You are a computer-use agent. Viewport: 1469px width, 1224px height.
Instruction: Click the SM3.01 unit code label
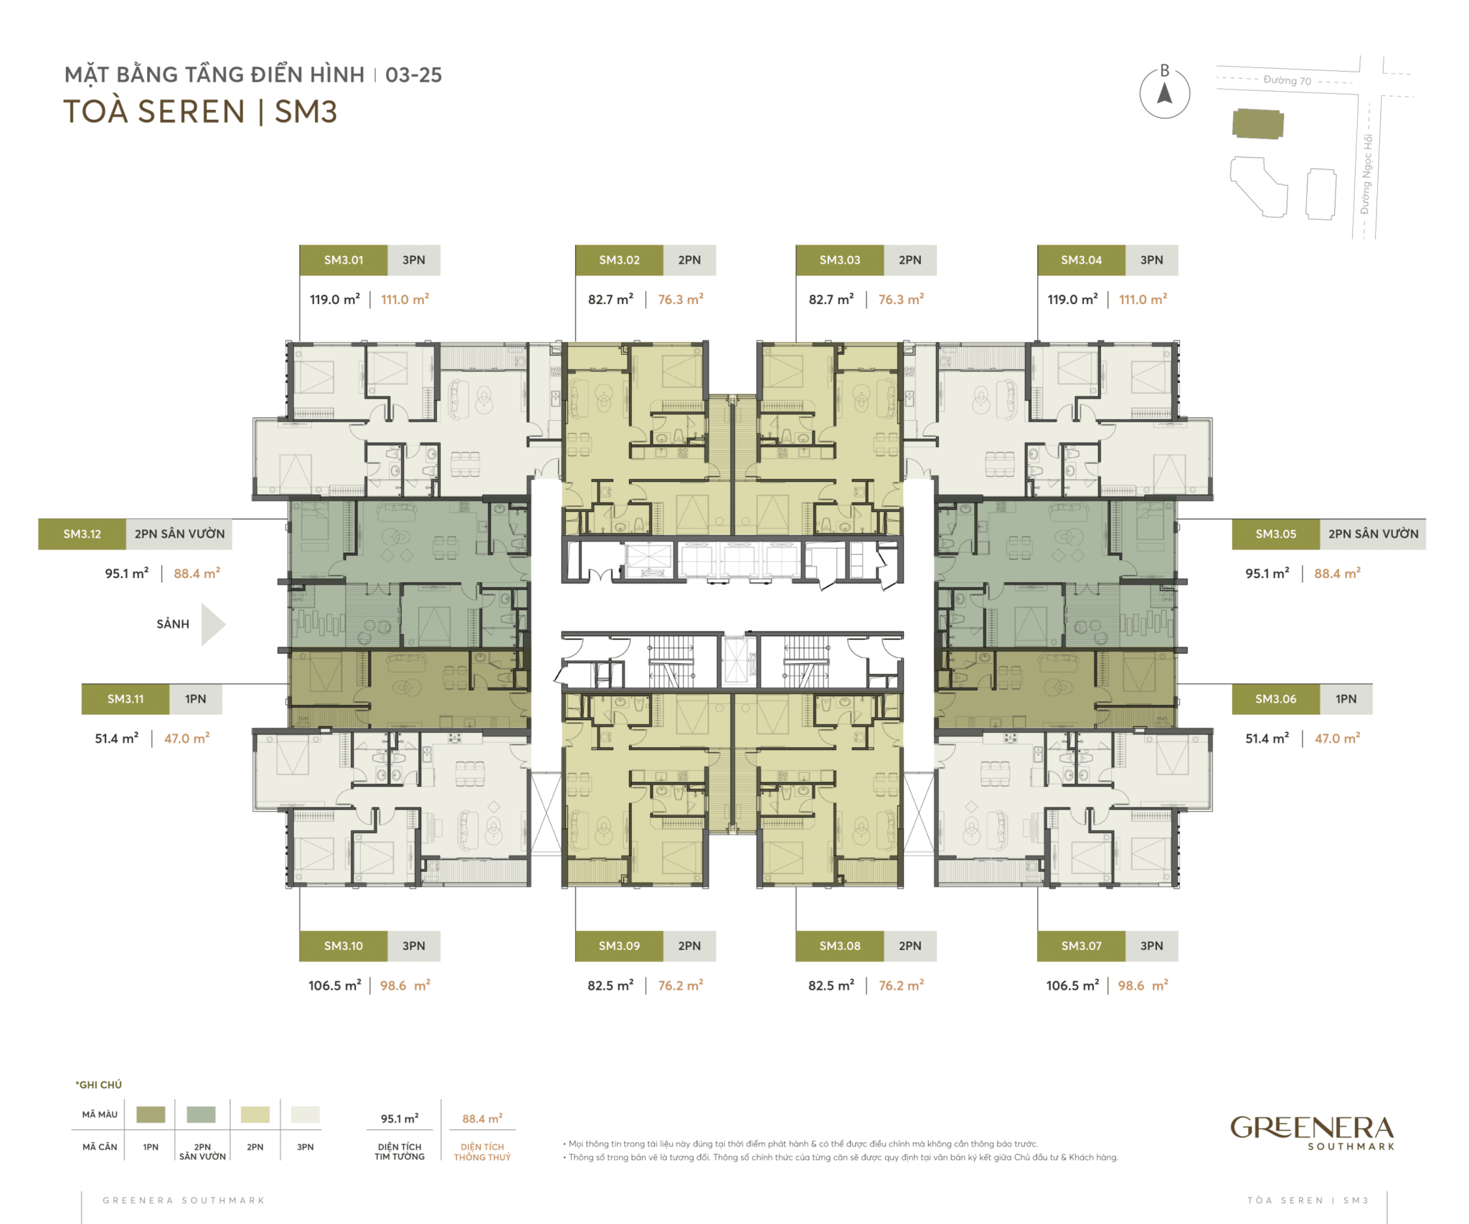tap(344, 260)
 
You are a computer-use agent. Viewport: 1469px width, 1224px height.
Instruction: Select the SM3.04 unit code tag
tap(1081, 260)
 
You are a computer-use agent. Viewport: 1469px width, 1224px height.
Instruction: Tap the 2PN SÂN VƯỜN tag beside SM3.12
tap(179, 534)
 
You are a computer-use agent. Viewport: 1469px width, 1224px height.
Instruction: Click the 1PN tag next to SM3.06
tap(1346, 699)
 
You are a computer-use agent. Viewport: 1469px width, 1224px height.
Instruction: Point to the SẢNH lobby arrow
tap(213, 625)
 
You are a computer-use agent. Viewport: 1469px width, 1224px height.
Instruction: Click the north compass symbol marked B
tap(1165, 92)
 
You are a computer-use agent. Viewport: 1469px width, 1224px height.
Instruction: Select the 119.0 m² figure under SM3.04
tap(1072, 300)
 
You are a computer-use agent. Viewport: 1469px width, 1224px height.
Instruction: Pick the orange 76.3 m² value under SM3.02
tap(681, 300)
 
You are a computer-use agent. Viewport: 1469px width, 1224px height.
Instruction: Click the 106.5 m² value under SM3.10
tap(334, 986)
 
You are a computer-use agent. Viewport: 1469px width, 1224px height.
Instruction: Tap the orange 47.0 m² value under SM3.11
tap(186, 739)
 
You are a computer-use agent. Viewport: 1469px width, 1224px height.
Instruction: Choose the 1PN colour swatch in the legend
tap(151, 1114)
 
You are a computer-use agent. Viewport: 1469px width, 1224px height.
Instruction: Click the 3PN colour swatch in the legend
tap(306, 1114)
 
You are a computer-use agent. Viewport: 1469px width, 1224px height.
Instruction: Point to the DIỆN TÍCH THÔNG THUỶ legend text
tap(482, 1152)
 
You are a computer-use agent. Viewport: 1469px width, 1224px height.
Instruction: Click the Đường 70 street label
tap(1287, 80)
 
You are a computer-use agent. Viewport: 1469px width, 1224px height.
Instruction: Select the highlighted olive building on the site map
tap(1257, 124)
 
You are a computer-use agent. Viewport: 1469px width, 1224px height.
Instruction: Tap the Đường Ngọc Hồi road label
tap(1366, 174)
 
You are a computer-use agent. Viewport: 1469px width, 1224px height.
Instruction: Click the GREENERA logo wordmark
tap(1312, 1128)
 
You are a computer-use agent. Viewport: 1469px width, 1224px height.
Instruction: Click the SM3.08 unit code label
tap(840, 947)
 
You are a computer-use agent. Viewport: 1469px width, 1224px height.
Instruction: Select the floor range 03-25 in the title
tap(414, 75)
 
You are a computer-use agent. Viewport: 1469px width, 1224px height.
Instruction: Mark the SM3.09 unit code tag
tap(619, 947)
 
